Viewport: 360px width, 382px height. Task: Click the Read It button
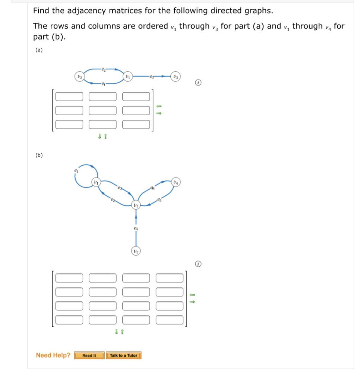pyautogui.click(x=89, y=356)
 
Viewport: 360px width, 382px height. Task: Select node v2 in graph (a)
pyautogui.click(x=79, y=77)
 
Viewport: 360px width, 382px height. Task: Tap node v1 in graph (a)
pyautogui.click(x=128, y=77)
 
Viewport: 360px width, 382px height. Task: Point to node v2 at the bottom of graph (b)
pyautogui.click(x=136, y=252)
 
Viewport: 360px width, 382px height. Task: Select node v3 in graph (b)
pyautogui.click(x=136, y=205)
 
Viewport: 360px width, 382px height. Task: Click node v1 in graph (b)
pyautogui.click(x=96, y=182)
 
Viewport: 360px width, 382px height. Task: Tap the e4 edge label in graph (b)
pyautogui.click(x=136, y=227)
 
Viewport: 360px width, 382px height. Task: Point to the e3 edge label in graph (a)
pyautogui.click(x=151, y=77)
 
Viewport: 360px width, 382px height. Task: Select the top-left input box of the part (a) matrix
pyautogui.click(x=69, y=97)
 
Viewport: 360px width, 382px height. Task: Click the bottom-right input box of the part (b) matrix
pyautogui.click(x=170, y=320)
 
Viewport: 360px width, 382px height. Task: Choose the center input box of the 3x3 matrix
pyautogui.click(x=103, y=110)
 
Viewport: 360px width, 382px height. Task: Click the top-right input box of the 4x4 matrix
pyautogui.click(x=170, y=278)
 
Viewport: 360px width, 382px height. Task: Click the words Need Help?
pyautogui.click(x=53, y=355)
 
